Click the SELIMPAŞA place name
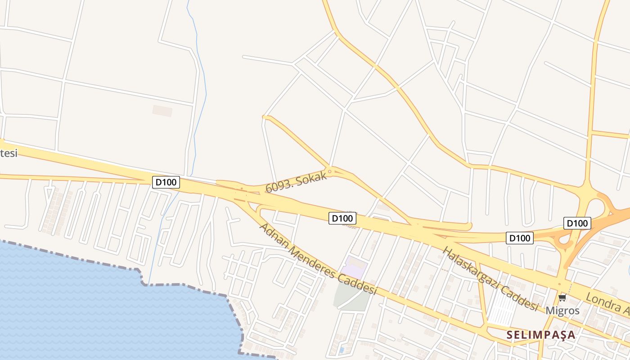click(541, 335)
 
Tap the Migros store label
click(562, 310)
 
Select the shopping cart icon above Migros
click(562, 298)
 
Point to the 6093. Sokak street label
click(296, 182)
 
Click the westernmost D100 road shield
click(166, 182)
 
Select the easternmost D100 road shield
click(577, 223)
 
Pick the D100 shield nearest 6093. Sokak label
click(342, 218)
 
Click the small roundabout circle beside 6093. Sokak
click(330, 171)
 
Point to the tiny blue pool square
click(342, 349)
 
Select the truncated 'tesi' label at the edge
click(8, 153)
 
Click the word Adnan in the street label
click(270, 232)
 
